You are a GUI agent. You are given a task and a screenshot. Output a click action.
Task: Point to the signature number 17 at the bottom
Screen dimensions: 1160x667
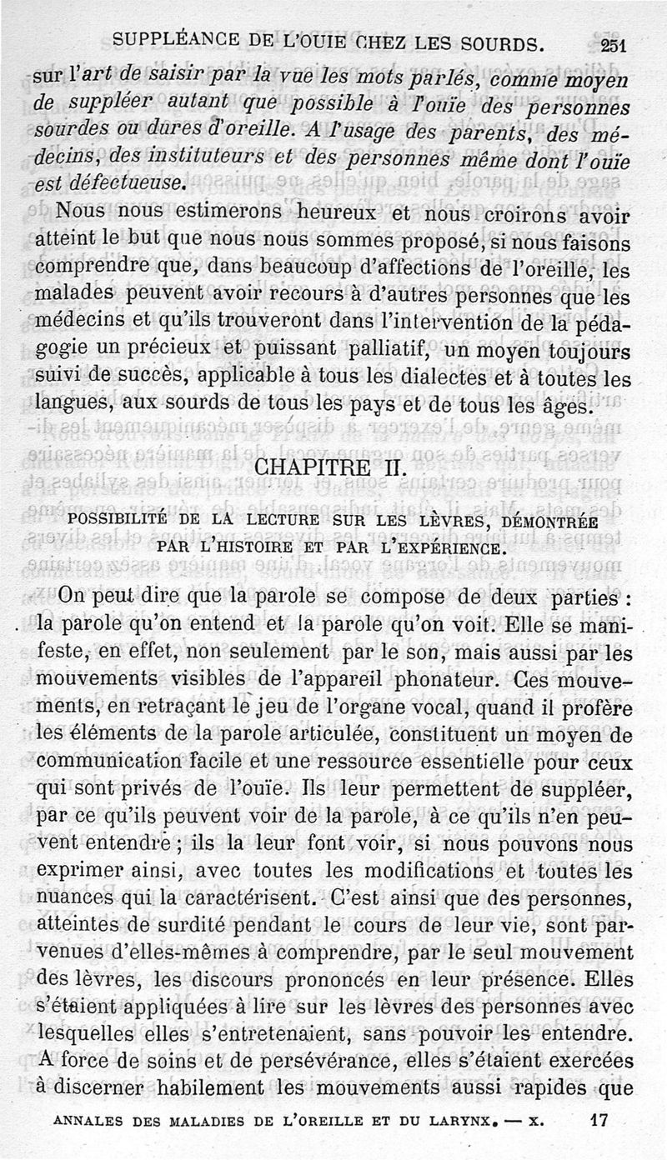click(600, 1121)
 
